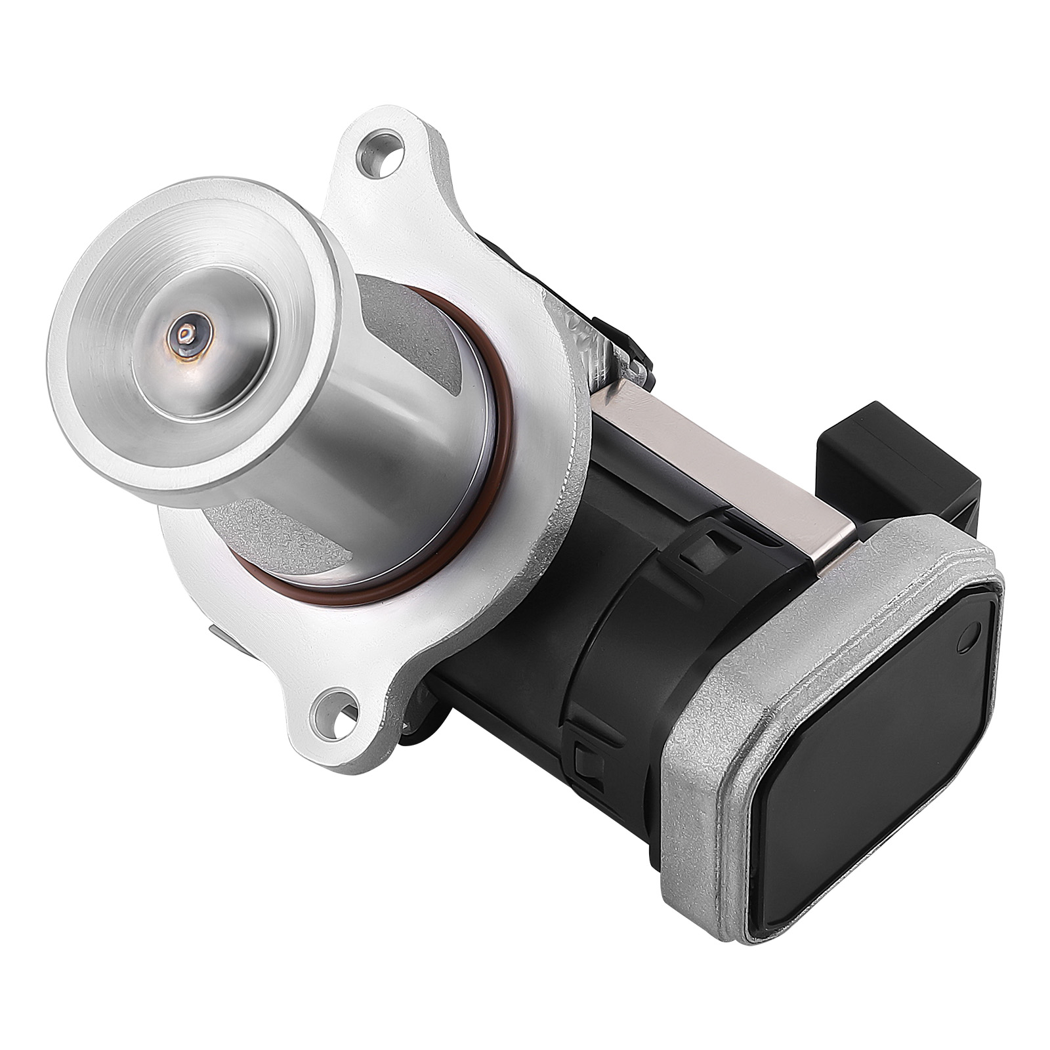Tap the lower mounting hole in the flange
(x=334, y=711)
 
